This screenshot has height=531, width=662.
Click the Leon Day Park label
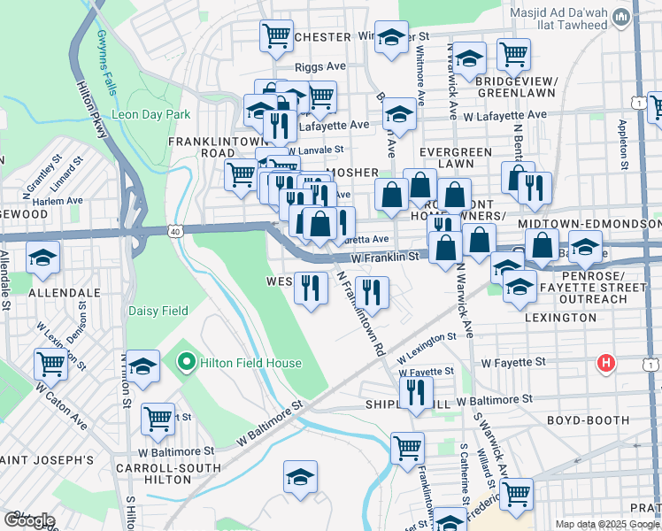[x=150, y=115]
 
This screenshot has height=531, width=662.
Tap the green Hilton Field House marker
[x=186, y=362]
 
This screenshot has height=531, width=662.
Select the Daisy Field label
[x=158, y=311]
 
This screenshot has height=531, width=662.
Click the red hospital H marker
[x=606, y=362]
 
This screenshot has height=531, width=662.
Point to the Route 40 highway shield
[x=172, y=231]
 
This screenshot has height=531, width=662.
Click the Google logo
[x=29, y=520]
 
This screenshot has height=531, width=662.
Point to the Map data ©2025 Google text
[x=608, y=524]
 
